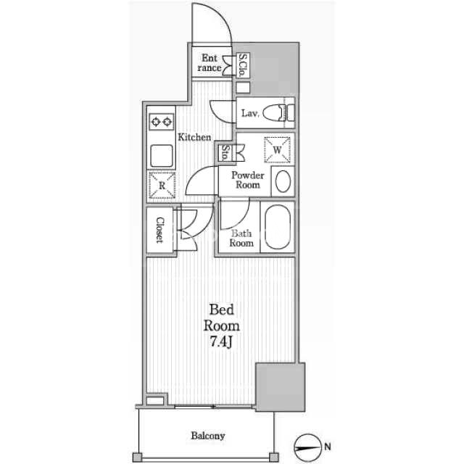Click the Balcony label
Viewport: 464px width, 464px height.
tap(208, 436)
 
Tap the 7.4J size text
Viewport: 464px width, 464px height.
tap(220, 341)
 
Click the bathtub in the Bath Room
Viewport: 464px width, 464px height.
tap(277, 227)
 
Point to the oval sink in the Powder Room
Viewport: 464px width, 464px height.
tap(283, 181)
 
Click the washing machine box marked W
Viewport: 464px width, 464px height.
tap(277, 150)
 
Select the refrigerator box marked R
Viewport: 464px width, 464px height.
tap(162, 185)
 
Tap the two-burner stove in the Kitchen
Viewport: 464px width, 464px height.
tap(161, 122)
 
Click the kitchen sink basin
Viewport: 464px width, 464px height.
tap(161, 156)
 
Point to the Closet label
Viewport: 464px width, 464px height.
tap(159, 231)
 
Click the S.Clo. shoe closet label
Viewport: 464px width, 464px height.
tap(243, 65)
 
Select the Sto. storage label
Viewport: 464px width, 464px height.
tap(225, 153)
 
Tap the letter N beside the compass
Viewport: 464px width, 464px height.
tap(328, 447)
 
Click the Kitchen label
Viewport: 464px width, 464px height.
tap(194, 137)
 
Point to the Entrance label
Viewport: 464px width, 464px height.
tap(210, 63)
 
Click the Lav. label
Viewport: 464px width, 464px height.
tap(250, 113)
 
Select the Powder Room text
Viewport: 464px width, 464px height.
tap(248, 180)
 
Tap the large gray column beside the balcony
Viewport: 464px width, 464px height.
tap(281, 387)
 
